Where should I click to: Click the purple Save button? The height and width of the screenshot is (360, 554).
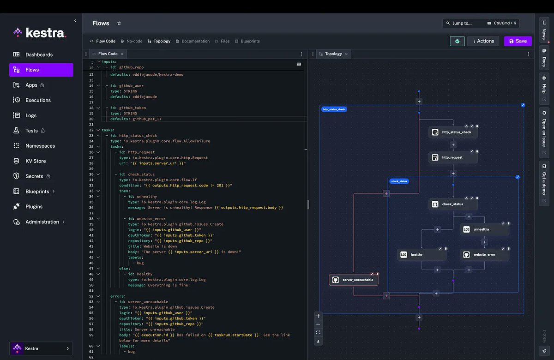[518, 41]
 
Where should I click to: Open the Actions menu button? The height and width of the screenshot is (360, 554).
[483, 41]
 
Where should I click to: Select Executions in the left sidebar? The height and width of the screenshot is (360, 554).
[38, 100]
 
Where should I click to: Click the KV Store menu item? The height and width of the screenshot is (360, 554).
[36, 161]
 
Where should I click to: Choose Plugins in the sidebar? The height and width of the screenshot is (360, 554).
[34, 207]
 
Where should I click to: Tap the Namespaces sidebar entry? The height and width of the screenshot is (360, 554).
[40, 146]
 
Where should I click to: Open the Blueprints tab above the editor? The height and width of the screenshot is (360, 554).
[250, 41]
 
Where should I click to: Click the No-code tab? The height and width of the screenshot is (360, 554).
[134, 41]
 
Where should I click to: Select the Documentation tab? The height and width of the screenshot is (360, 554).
[195, 41]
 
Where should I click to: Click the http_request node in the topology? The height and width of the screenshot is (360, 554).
[452, 157]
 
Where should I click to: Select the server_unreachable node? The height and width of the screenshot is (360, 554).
[354, 280]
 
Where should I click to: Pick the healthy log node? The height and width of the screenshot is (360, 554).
[422, 254]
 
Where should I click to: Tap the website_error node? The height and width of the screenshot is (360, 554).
[484, 254]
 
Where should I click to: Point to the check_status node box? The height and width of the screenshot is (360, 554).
[452, 204]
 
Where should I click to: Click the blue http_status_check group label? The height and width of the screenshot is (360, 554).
[334, 109]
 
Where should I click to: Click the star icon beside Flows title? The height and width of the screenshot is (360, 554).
[119, 23]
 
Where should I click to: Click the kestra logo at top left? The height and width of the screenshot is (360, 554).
[40, 33]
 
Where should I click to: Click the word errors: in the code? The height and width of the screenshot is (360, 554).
[118, 296]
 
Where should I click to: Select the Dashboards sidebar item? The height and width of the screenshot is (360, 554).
[39, 54]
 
